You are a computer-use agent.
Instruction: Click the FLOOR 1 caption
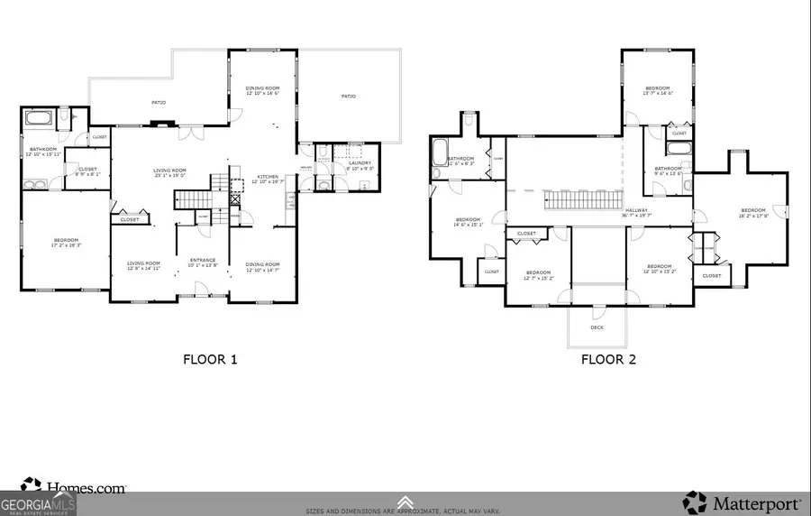(x=210, y=359)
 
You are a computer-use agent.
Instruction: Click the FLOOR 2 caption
(x=608, y=359)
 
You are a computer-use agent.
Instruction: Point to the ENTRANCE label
(x=202, y=261)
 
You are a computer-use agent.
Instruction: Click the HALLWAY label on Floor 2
(x=636, y=211)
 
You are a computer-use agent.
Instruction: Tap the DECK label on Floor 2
(x=597, y=327)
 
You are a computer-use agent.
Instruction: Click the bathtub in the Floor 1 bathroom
(x=41, y=117)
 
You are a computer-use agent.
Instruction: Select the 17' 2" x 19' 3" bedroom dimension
(x=66, y=245)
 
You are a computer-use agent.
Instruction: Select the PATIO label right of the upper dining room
(x=348, y=96)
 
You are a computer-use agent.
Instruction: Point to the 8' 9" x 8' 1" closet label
(x=87, y=173)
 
